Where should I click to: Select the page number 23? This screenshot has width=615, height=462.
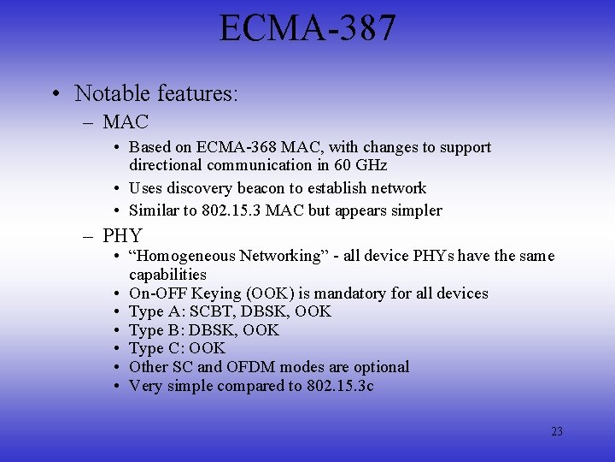(557, 431)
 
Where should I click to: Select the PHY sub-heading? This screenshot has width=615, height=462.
(123, 234)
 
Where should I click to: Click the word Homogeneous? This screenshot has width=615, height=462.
(183, 256)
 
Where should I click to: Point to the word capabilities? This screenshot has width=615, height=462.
(167, 275)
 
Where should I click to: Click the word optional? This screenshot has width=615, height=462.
(381, 367)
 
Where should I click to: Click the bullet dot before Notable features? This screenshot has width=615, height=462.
(55, 92)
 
